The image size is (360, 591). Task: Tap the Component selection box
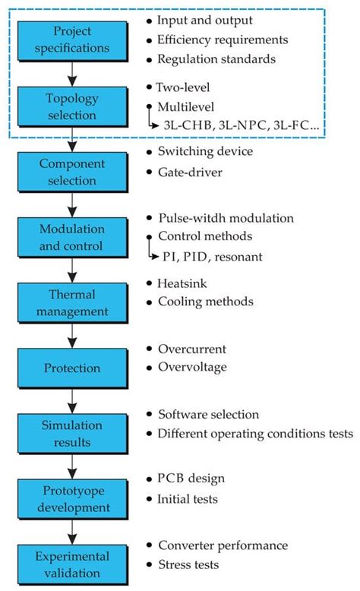(x=71, y=172)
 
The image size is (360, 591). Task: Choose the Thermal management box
(x=71, y=302)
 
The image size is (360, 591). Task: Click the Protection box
(x=71, y=368)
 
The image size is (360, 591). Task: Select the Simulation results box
(x=71, y=434)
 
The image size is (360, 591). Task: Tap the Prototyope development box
(x=71, y=499)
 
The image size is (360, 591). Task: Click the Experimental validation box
(x=71, y=564)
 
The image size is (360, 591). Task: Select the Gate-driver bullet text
(x=190, y=173)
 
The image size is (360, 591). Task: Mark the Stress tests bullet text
(x=188, y=564)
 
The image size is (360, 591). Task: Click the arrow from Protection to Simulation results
(x=71, y=400)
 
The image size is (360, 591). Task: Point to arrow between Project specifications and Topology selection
(x=71, y=71)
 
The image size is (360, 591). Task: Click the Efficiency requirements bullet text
(x=221, y=39)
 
